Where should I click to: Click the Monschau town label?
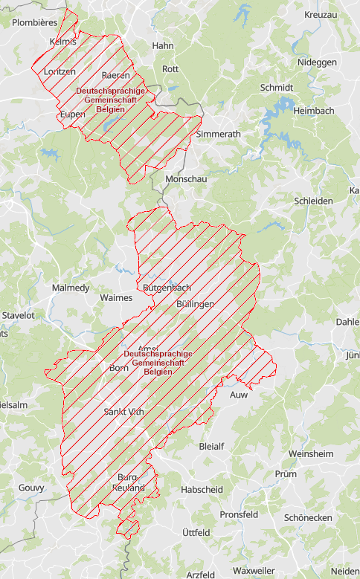186,179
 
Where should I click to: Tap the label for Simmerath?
219,134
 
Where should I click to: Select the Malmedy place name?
71,288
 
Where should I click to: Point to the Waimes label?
115,297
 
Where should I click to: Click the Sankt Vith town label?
123,411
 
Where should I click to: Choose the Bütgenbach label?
166,288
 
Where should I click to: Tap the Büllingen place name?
196,304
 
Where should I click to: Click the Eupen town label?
73,114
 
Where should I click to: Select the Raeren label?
116,75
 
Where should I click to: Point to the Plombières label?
34,23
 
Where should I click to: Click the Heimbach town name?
314,110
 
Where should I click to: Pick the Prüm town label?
285,473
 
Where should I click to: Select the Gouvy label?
31,488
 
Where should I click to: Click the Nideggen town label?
317,62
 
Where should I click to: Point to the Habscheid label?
202,489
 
